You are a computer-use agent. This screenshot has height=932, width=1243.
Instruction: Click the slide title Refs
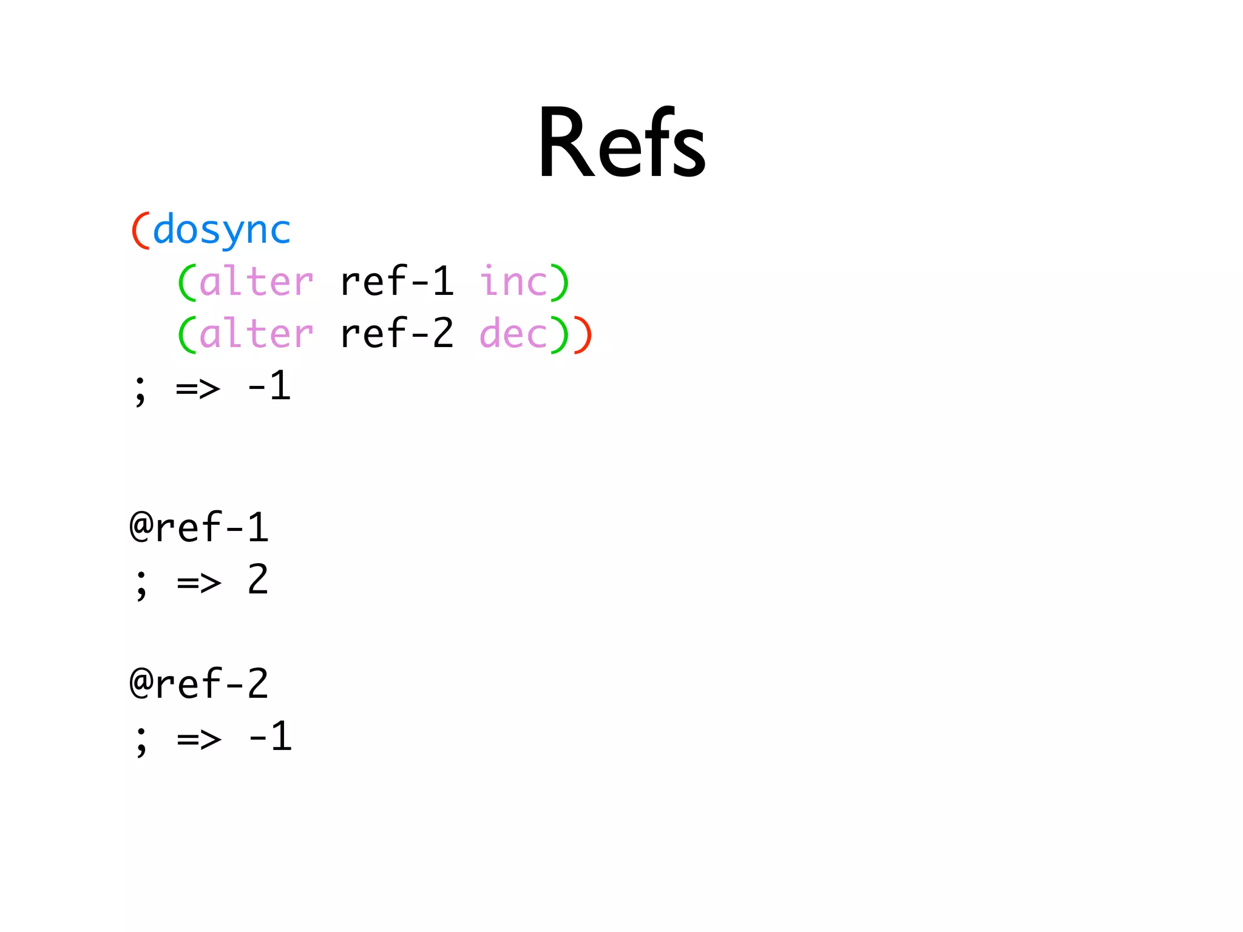pyautogui.click(x=621, y=143)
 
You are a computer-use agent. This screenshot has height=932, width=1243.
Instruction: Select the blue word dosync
pyautogui.click(x=222, y=231)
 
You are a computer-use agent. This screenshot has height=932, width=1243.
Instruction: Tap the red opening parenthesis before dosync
pyautogui.click(x=140, y=231)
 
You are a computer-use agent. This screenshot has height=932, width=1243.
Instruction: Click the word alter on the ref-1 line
pyautogui.click(x=256, y=282)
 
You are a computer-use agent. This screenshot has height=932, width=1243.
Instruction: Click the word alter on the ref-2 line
pyautogui.click(x=256, y=334)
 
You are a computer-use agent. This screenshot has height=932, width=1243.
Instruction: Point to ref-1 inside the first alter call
pyautogui.click(x=397, y=282)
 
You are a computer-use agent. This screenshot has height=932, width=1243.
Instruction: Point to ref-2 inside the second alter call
pyautogui.click(x=397, y=334)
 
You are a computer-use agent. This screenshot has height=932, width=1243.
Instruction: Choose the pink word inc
pyautogui.click(x=513, y=282)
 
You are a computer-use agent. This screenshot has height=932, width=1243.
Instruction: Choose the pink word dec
pyautogui.click(x=513, y=334)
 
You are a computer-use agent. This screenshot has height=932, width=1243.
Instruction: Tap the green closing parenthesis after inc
pyautogui.click(x=560, y=283)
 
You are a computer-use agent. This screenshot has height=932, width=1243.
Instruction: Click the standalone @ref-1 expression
pyautogui.click(x=199, y=527)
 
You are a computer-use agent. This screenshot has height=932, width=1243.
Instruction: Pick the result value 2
pyautogui.click(x=258, y=579)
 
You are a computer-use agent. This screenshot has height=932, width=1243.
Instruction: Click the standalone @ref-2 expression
pyautogui.click(x=199, y=684)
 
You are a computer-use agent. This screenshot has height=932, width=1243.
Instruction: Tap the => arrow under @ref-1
pyautogui.click(x=199, y=583)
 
